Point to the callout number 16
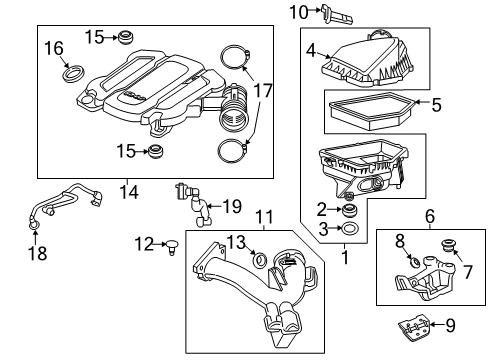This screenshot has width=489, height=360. tap(53, 47)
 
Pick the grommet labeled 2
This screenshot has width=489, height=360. tap(352, 211)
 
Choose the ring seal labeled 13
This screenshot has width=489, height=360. tap(260, 261)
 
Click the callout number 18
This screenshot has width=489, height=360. tap(33, 254)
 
